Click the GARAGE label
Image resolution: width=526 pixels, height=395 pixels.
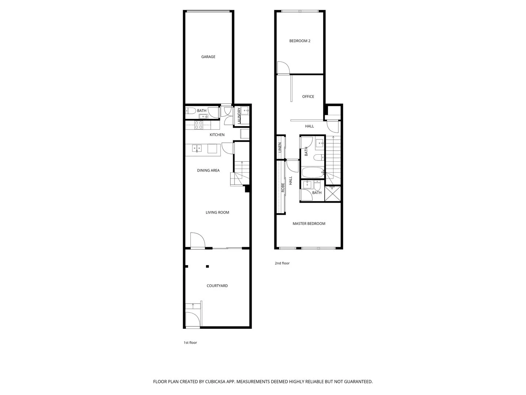(x=208, y=57)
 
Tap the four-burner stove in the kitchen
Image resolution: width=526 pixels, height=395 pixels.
(x=199, y=125)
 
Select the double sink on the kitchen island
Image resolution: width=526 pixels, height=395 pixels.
(x=197, y=148)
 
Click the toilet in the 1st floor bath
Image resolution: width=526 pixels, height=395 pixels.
(x=190, y=110)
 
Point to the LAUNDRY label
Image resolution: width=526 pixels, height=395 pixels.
(x=239, y=116)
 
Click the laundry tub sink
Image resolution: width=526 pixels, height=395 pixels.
(x=245, y=110)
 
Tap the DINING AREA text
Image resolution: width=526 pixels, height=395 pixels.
(x=208, y=170)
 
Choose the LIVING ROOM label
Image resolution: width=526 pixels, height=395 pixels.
(x=217, y=212)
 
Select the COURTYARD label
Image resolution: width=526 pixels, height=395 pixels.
(x=217, y=286)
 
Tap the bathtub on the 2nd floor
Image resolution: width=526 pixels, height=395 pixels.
(x=313, y=172)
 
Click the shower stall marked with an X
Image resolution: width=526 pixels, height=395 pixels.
(x=332, y=193)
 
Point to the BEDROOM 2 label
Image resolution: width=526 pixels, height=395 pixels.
(x=300, y=41)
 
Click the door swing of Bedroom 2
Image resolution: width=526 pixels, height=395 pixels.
(x=283, y=68)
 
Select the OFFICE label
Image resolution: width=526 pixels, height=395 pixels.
(x=308, y=97)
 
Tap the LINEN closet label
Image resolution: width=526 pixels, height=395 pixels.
(x=280, y=147)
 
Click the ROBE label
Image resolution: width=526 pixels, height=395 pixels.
(x=283, y=188)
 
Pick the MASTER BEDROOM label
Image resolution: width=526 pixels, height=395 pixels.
(x=309, y=223)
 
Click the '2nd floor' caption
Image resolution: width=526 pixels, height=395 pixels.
(x=282, y=263)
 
